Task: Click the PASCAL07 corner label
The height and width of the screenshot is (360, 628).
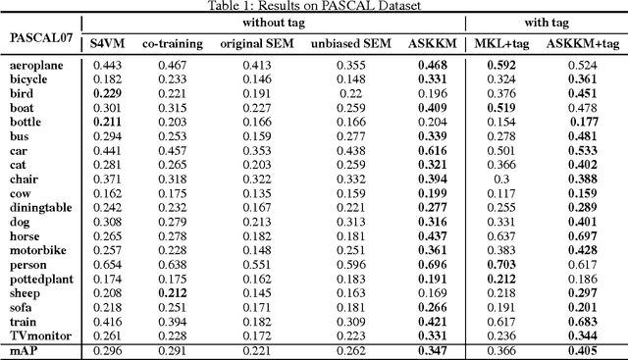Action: coord(39,37)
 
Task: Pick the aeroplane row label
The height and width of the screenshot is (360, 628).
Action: coord(36,65)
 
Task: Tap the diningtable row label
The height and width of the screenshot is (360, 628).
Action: coord(41,208)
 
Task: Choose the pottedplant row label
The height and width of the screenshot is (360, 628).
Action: coord(41,279)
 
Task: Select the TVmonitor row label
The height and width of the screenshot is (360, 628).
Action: coord(39,335)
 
